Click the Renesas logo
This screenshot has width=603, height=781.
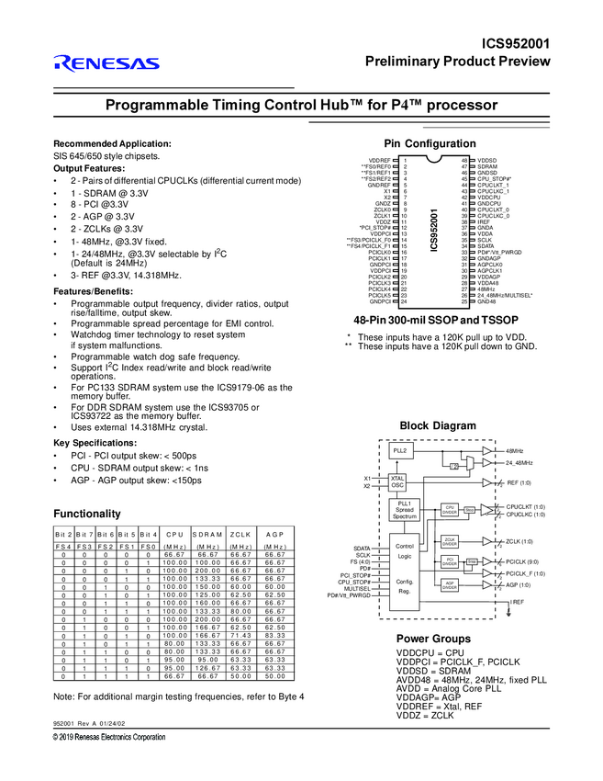click(x=105, y=63)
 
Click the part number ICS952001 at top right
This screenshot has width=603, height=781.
click(x=516, y=43)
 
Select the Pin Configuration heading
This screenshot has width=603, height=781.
click(x=430, y=144)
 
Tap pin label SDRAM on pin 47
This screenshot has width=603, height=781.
click(x=487, y=166)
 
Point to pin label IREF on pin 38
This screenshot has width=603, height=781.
click(x=484, y=222)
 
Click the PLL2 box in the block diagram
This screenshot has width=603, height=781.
click(x=399, y=451)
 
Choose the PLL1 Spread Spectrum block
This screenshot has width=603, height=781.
click(x=405, y=511)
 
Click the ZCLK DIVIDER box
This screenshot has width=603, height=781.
click(x=450, y=541)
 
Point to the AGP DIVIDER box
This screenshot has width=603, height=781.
click(x=450, y=583)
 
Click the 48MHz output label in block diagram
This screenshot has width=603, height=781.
click(x=515, y=451)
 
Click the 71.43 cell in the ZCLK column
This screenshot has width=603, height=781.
click(x=240, y=637)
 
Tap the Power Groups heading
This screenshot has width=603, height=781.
click(x=433, y=639)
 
